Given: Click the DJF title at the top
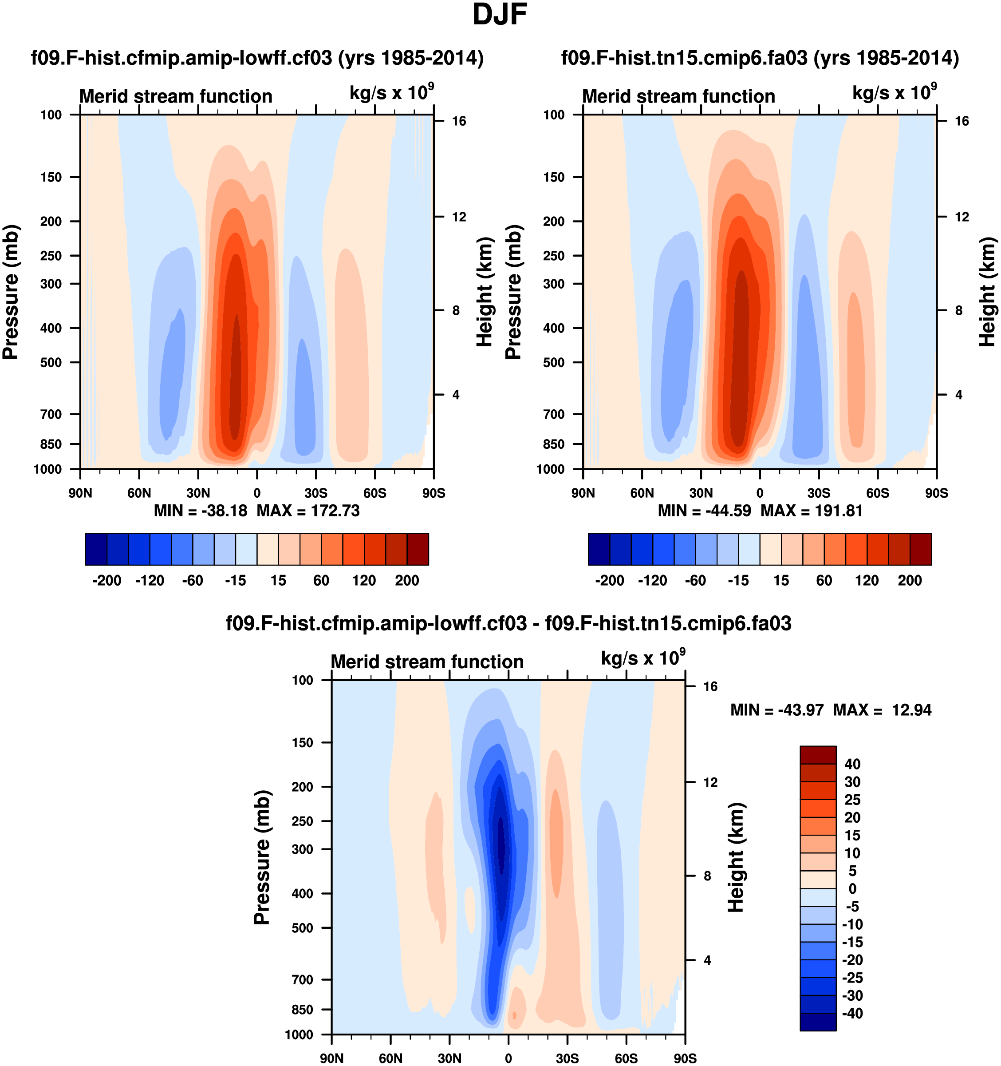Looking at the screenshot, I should (500, 15).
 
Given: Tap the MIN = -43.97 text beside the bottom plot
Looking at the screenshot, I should (776, 710).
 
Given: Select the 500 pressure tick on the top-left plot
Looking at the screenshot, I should (51, 362).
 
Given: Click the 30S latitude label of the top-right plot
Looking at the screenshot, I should (818, 493).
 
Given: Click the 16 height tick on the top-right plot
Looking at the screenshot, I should (962, 121).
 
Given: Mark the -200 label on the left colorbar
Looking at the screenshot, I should (106, 580).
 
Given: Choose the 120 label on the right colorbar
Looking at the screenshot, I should (867, 580).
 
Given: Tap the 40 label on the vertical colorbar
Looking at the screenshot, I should (852, 764).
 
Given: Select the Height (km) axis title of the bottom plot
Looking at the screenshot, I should (736, 858).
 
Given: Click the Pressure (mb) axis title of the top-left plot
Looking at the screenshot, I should (11, 292).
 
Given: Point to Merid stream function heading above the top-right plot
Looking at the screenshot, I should (678, 96).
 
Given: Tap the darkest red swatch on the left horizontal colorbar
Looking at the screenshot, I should (418, 549).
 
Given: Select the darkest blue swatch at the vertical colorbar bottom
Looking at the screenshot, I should (818, 1022).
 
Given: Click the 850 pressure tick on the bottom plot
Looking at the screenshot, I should (302, 1009).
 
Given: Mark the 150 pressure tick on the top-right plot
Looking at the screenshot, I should (554, 177).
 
